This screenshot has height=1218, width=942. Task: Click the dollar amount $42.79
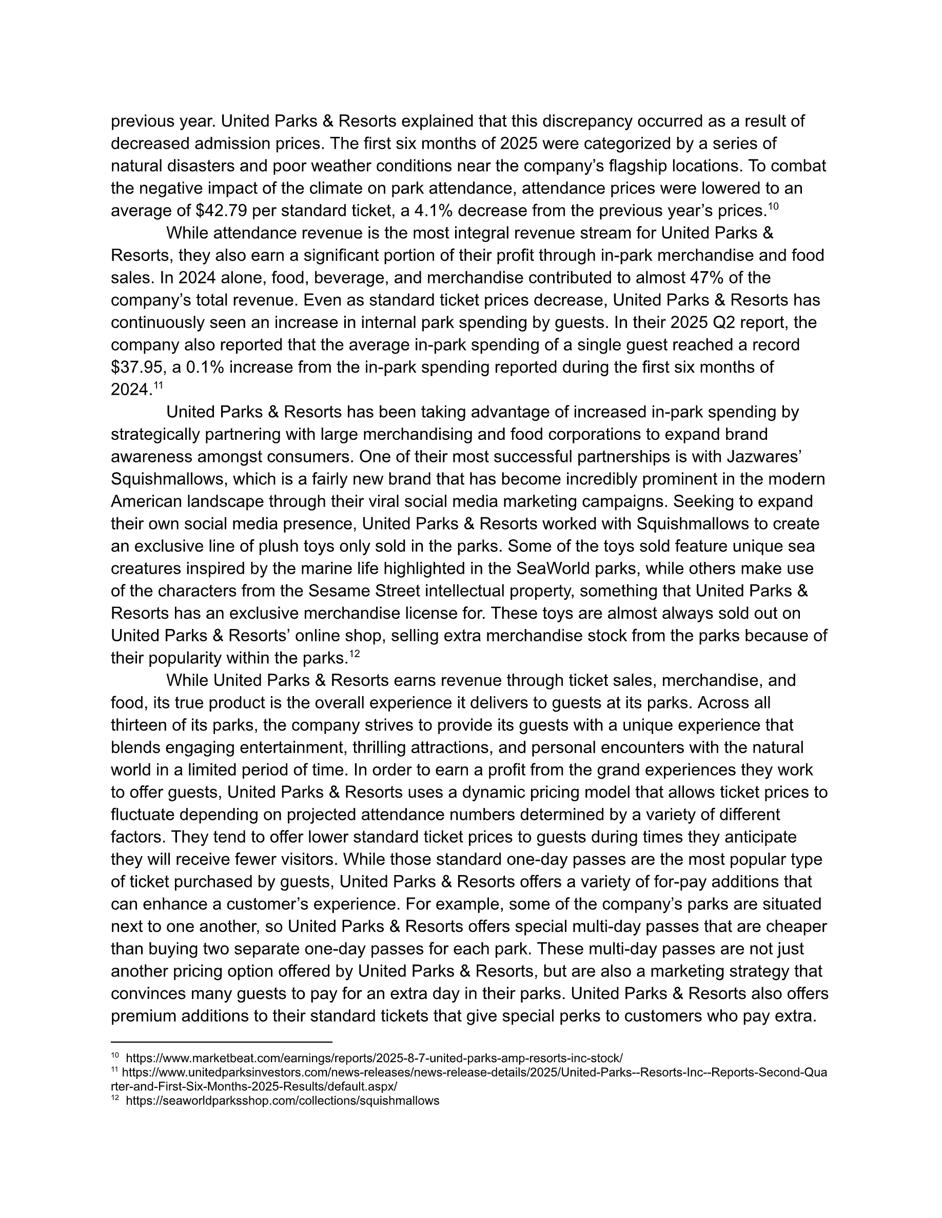click(222, 211)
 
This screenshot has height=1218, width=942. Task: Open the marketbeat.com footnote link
click(375, 1059)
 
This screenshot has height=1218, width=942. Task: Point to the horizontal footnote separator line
click(222, 1042)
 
